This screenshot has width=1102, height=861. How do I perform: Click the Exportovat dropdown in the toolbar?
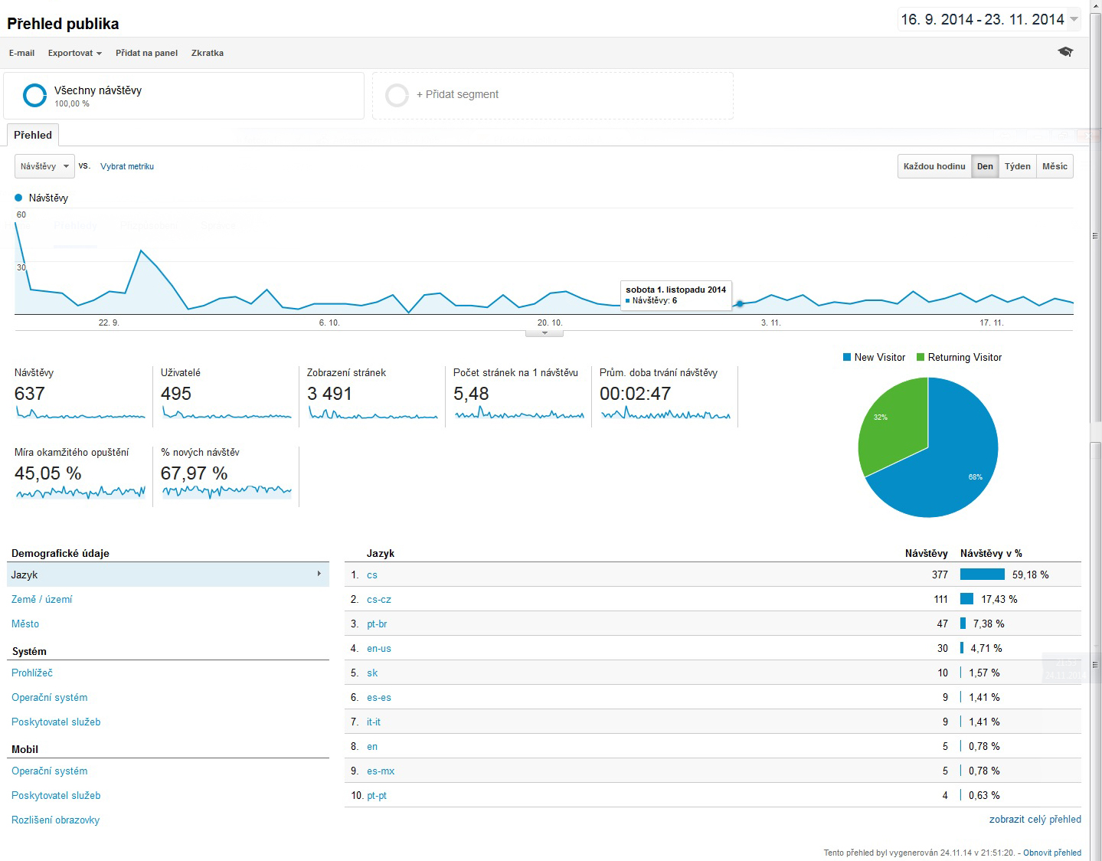[74, 53]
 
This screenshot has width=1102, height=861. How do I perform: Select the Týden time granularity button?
[1017, 166]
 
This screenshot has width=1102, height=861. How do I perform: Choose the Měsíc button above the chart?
[1055, 166]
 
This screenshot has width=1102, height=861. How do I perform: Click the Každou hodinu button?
[934, 166]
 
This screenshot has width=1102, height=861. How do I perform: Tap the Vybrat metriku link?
[127, 166]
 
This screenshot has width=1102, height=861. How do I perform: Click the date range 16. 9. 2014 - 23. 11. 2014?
[983, 20]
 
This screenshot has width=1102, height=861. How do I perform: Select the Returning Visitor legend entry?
[964, 358]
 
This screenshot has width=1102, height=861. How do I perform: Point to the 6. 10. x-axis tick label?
[329, 322]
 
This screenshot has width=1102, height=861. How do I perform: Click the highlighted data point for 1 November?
[740, 304]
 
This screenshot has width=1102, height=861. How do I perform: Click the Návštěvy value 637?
[30, 394]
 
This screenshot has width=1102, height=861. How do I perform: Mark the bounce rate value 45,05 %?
[47, 473]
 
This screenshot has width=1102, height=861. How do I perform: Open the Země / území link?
[42, 599]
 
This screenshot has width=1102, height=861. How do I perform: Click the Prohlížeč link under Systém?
[32, 673]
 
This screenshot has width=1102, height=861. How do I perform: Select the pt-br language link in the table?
[377, 624]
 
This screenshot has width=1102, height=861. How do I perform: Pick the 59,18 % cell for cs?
[1030, 575]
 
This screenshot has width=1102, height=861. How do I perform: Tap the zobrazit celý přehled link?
[1035, 819]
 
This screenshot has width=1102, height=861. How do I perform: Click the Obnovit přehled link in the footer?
[1052, 853]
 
